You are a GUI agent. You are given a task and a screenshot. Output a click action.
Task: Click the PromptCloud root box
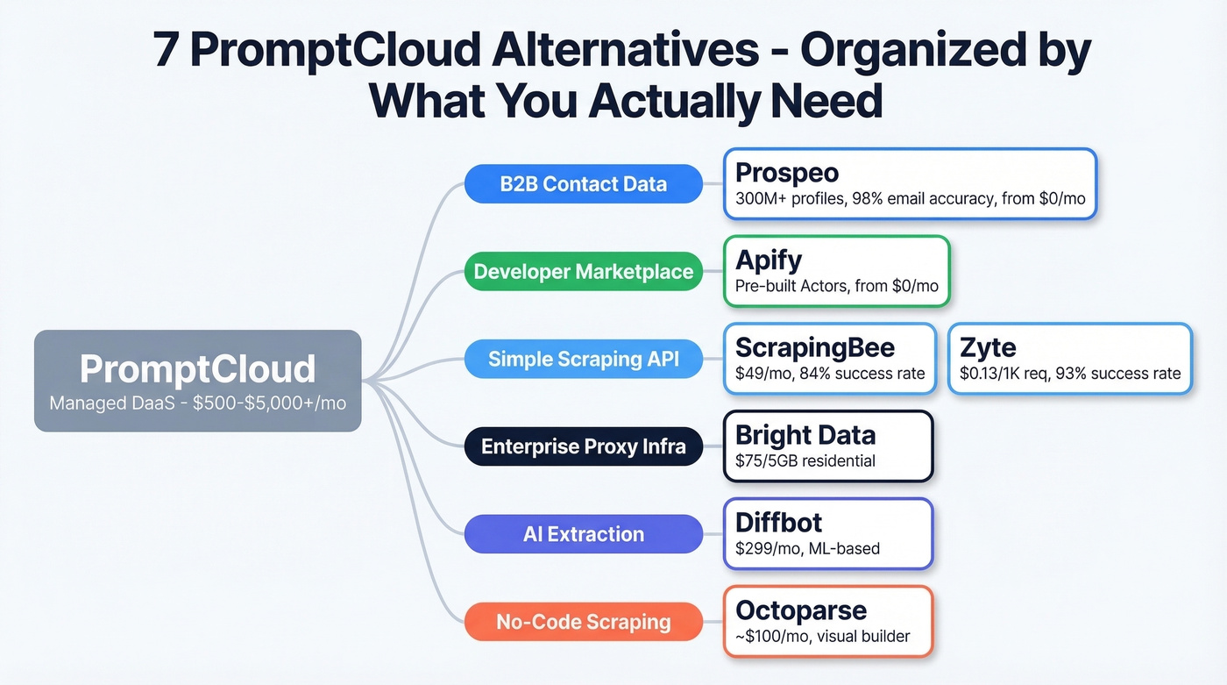tap(197, 381)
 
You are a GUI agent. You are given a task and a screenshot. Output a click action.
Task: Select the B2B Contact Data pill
tap(583, 184)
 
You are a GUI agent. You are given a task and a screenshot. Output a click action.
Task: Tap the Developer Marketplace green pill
tap(583, 272)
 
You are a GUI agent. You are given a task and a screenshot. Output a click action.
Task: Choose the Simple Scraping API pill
tap(583, 359)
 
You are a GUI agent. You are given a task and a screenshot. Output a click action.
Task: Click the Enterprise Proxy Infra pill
tap(583, 447)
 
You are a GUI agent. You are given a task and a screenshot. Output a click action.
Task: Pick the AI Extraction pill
tap(583, 534)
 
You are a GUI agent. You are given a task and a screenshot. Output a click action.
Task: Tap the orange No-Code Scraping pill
tap(583, 622)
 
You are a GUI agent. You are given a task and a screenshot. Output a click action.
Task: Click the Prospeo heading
tap(786, 173)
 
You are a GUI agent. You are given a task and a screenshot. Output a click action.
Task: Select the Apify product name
tap(769, 260)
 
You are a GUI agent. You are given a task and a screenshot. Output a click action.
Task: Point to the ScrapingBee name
tap(814, 347)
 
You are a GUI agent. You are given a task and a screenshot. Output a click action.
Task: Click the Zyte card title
tap(987, 347)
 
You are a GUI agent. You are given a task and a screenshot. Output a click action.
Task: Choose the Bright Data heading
tap(805, 435)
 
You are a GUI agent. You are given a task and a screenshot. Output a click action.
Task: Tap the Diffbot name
tap(778, 523)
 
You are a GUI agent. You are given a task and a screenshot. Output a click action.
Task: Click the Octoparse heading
tap(801, 610)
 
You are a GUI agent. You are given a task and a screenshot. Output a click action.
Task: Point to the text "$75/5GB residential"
tap(805, 460)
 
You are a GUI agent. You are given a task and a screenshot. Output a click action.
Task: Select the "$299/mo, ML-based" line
tap(807, 548)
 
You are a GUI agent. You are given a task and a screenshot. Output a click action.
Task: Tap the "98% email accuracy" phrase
tap(915, 198)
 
